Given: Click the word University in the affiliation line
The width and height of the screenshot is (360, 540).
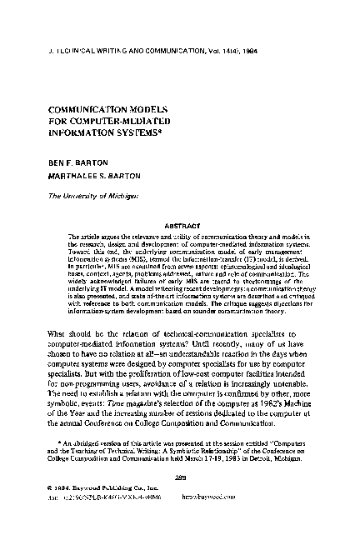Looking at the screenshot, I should (x=88, y=196).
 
